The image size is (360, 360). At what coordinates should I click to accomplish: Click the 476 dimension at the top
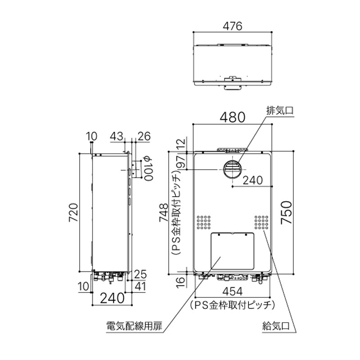233,26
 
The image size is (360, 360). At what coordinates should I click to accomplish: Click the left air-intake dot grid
203,222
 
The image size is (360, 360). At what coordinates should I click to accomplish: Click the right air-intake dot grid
261,222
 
